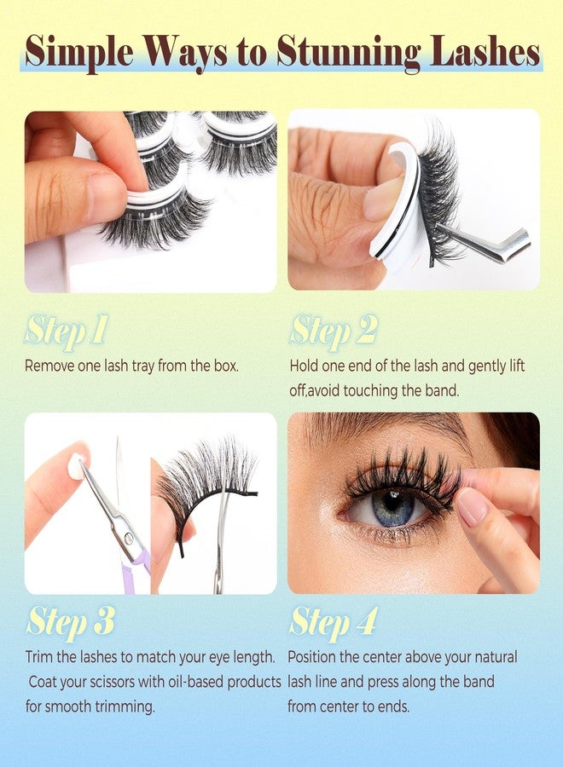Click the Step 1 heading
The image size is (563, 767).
[x=66, y=331]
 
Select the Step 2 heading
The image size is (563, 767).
[x=333, y=331]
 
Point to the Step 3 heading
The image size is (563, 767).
[x=69, y=621]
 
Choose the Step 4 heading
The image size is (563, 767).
[x=333, y=621]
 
